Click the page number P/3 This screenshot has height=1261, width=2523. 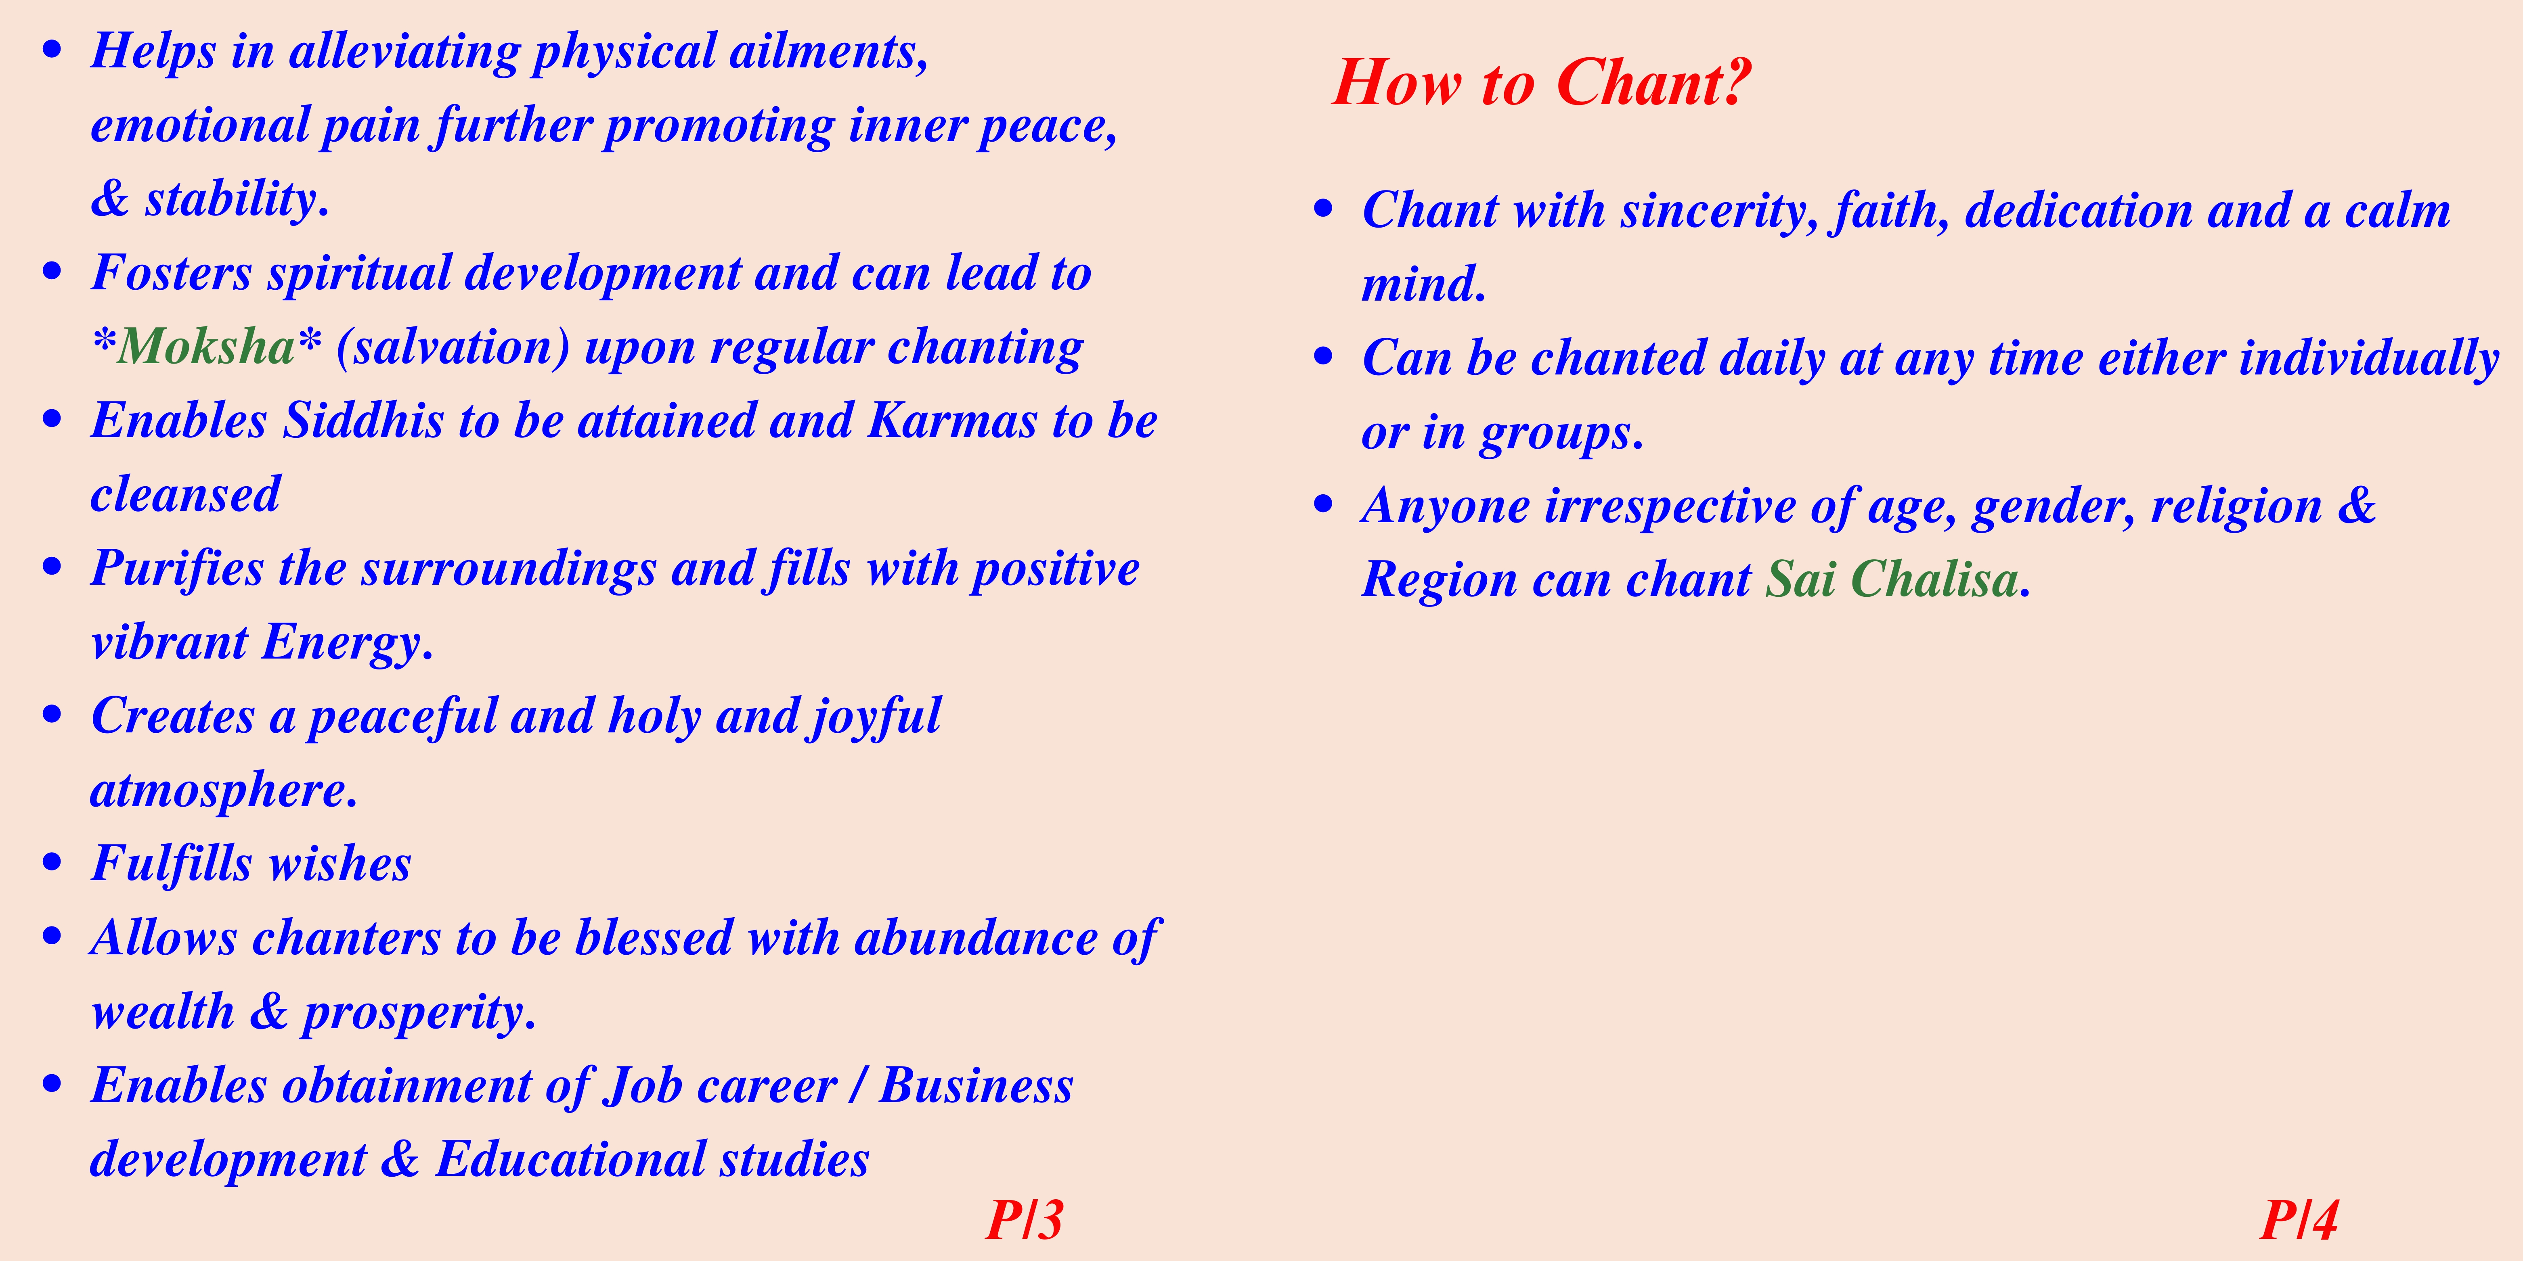click(1025, 1220)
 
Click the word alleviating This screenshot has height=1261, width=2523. click(404, 52)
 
